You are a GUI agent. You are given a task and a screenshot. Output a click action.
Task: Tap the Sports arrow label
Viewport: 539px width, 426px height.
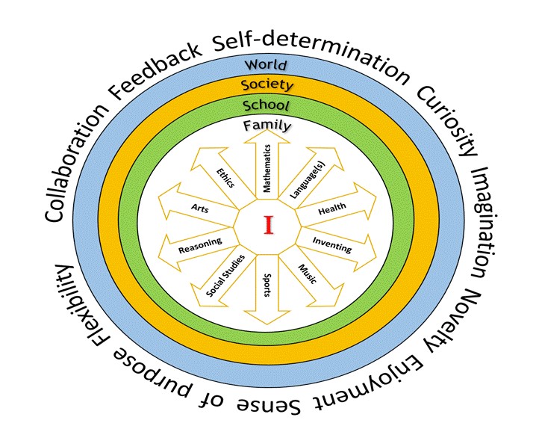(x=267, y=285)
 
